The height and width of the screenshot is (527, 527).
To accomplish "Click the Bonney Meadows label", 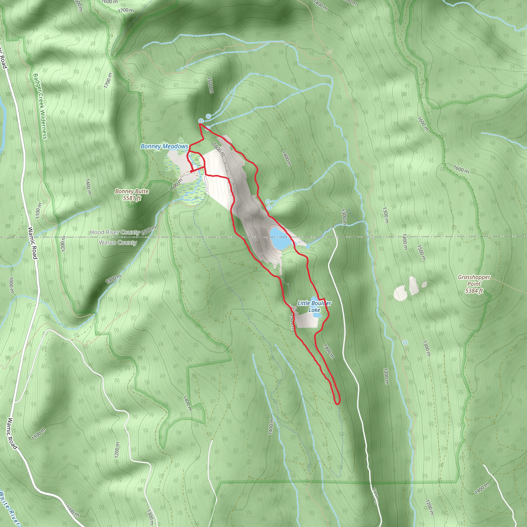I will (x=164, y=146).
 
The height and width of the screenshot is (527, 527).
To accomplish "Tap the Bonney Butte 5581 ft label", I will (x=132, y=195).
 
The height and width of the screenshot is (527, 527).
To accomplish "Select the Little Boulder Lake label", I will (x=314, y=306).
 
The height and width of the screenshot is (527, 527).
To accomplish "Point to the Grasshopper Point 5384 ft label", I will (x=474, y=284).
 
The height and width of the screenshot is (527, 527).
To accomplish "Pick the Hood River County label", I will (x=115, y=232).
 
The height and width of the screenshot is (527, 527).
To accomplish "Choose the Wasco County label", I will (x=118, y=242).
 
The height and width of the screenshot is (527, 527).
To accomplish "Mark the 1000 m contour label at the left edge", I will (x=11, y=285).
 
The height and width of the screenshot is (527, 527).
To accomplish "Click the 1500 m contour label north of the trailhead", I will (x=210, y=85).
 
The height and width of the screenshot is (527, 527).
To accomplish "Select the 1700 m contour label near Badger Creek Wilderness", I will (x=108, y=81).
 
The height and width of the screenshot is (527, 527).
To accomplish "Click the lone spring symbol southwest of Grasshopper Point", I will (x=405, y=342).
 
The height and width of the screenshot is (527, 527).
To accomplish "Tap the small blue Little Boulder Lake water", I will (x=317, y=315).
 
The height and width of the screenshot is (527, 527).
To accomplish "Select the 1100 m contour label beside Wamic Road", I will (x=38, y=210).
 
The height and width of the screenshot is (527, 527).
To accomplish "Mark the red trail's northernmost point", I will (x=200, y=124).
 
